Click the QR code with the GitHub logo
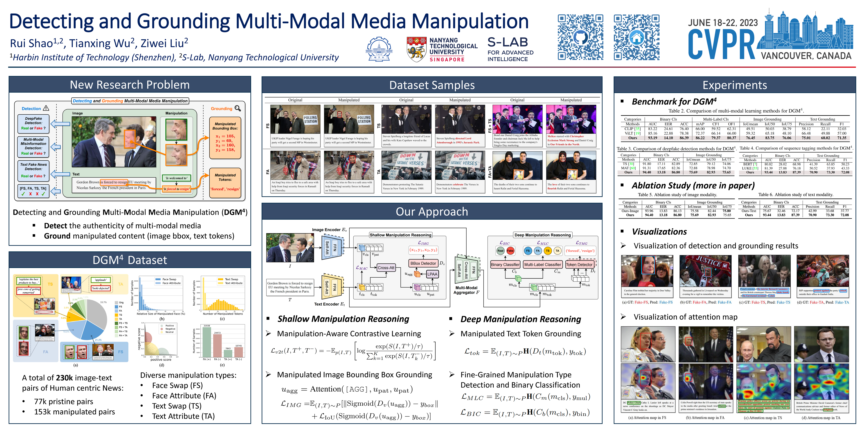pos(580,37)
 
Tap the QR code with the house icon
pos(636,37)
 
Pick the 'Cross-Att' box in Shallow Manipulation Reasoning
pos(386,268)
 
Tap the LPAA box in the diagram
pos(432,274)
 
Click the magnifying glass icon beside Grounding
pos(238,108)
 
